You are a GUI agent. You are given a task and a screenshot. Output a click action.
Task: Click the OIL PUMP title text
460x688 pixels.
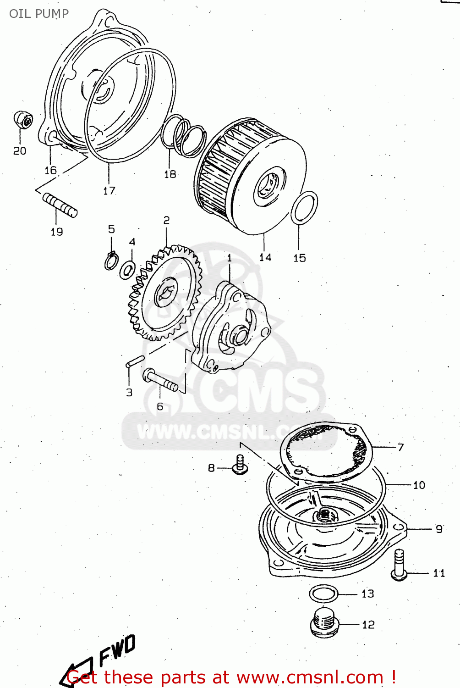click(39, 13)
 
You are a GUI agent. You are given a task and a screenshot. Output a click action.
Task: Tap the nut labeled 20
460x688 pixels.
click(22, 120)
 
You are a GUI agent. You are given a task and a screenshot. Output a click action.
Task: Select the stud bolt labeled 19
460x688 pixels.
click(60, 205)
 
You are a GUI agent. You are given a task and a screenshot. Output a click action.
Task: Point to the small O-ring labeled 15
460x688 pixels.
click(304, 208)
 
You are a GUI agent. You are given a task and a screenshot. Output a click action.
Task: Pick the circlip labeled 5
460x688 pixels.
click(110, 261)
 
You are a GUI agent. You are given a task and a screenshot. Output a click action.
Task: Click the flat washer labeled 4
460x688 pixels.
click(127, 270)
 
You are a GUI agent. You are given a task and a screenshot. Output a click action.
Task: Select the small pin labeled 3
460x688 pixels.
click(135, 361)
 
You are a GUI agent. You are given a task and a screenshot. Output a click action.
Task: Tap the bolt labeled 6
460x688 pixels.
click(160, 381)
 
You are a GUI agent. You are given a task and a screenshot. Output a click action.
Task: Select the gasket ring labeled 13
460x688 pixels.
click(323, 594)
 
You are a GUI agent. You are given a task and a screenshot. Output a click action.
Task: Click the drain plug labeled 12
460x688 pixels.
click(324, 622)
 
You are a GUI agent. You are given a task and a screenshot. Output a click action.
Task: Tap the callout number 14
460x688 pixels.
click(265, 257)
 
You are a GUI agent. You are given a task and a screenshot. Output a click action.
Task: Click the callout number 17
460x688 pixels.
click(109, 191)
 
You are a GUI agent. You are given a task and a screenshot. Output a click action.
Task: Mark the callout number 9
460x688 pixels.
click(439, 529)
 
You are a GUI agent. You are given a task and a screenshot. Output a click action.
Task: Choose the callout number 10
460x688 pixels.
click(419, 485)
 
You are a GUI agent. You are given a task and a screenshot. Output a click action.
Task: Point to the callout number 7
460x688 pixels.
click(400, 447)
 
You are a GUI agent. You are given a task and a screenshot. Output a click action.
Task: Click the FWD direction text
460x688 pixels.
click(117, 649)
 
